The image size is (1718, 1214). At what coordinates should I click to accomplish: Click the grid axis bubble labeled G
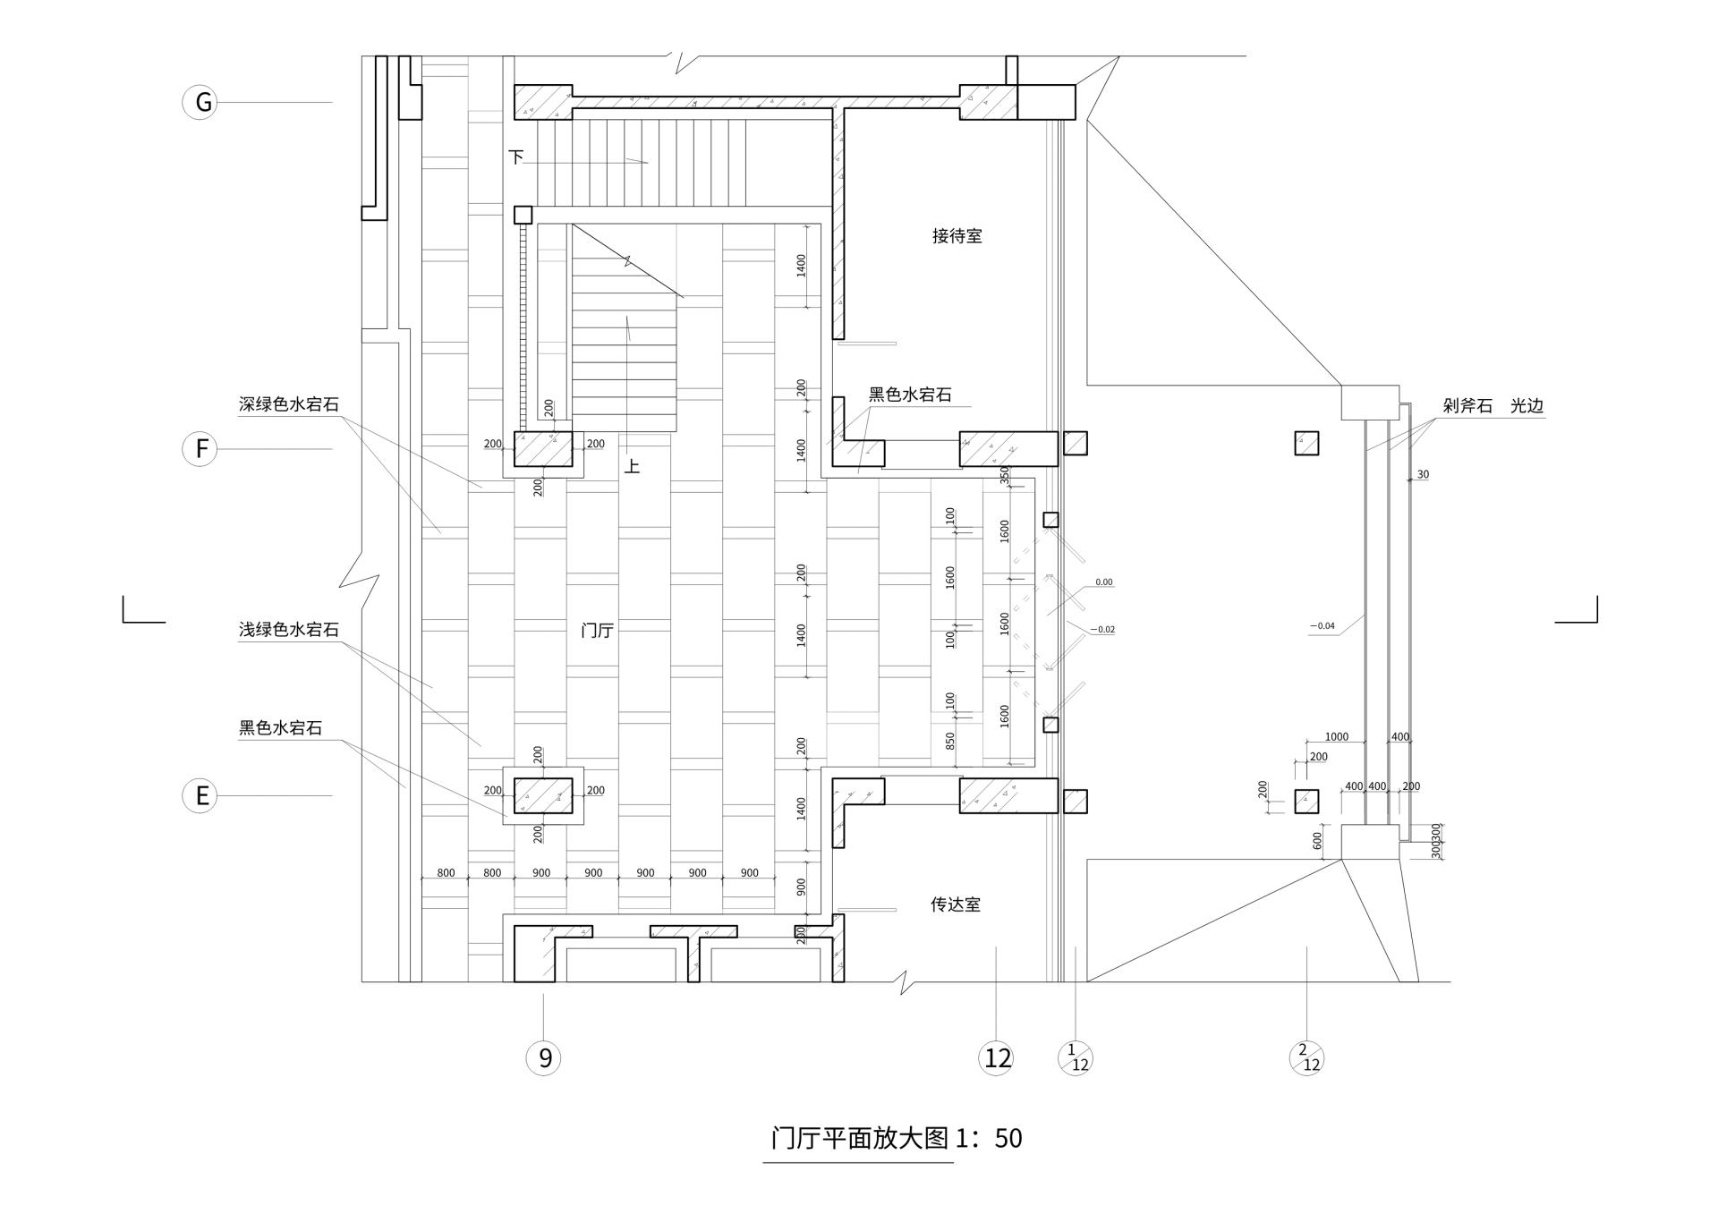(200, 102)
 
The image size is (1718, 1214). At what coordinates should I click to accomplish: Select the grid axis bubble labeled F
(200, 448)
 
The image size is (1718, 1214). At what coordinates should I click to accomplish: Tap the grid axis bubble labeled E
(200, 795)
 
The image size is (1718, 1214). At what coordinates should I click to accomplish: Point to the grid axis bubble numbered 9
(543, 1058)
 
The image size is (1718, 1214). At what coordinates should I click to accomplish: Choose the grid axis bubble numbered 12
(996, 1058)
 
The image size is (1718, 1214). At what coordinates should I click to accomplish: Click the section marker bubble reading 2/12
(1306, 1058)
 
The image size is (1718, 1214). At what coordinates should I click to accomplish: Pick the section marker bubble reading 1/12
(1076, 1058)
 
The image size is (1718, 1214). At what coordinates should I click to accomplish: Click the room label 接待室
(957, 236)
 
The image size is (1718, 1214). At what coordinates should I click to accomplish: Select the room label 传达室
(955, 904)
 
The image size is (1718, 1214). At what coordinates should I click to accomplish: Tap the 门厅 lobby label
(597, 631)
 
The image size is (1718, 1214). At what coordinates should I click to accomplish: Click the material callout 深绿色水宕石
(288, 404)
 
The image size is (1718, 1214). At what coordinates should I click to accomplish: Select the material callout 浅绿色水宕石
(288, 630)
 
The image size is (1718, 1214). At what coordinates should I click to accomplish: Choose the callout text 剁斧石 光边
(1493, 406)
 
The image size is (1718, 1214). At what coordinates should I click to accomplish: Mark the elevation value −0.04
(1322, 626)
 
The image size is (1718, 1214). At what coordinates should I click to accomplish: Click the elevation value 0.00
(1103, 582)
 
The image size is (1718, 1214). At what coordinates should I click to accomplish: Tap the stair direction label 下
(516, 157)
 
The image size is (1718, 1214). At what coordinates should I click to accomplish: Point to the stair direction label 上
(632, 466)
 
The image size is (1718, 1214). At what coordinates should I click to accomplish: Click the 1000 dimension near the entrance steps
(1336, 737)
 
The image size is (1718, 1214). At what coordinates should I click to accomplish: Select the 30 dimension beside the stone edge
(1423, 475)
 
